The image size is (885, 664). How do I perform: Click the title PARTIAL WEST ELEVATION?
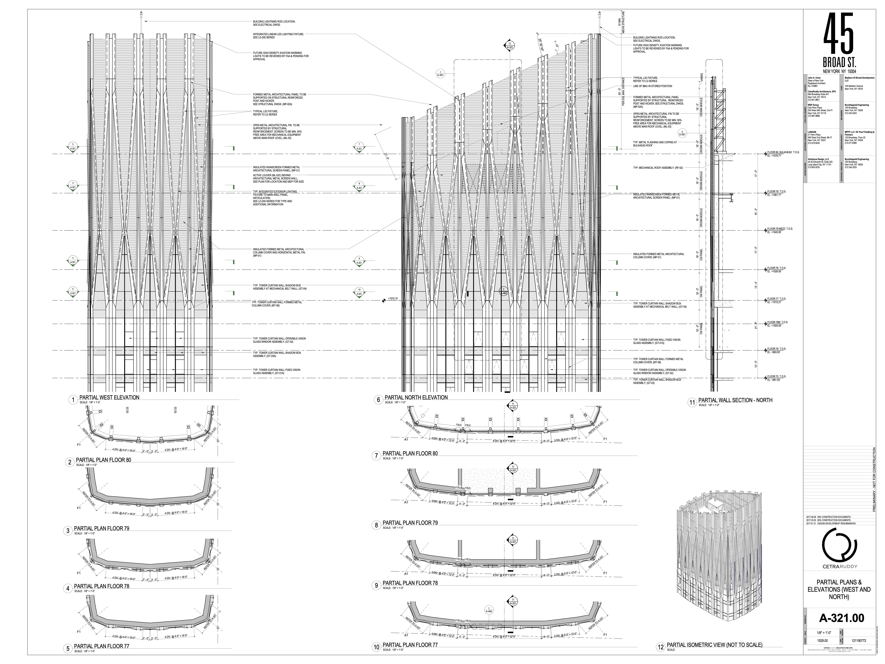pos(109,397)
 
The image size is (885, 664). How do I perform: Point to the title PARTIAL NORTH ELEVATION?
pos(416,397)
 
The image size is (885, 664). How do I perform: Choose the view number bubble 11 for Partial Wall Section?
pos(692,403)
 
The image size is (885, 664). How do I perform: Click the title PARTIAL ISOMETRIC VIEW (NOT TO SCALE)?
pos(714,645)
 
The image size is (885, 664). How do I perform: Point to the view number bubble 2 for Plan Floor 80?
pos(70,462)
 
